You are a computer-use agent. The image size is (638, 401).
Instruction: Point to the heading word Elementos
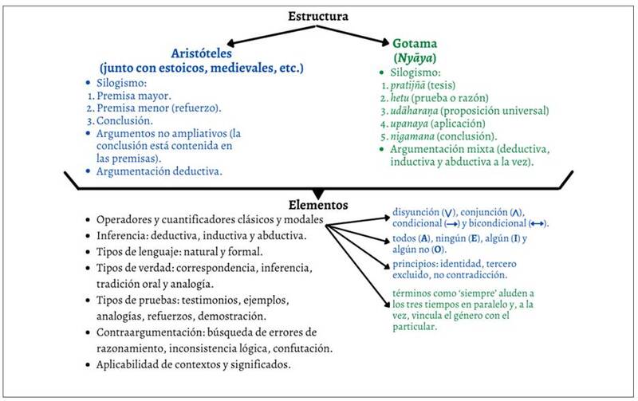point(319,205)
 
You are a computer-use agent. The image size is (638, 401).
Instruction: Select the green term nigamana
point(415,136)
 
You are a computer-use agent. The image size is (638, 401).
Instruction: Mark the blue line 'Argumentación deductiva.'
point(159,171)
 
